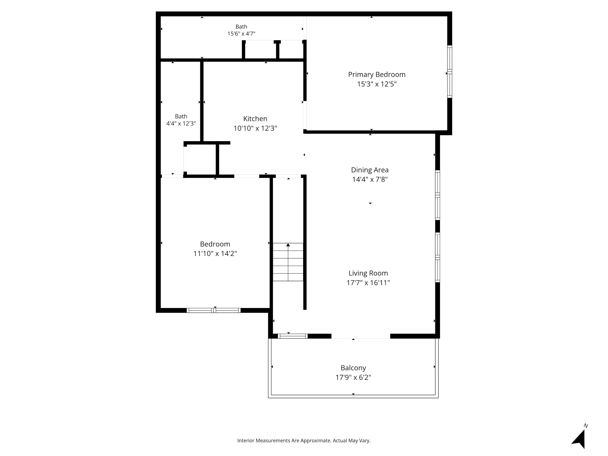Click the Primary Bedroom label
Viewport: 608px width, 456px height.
coord(377,75)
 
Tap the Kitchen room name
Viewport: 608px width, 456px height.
coord(255,119)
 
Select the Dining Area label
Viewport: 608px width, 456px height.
coord(370,170)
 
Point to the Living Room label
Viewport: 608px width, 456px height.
coord(368,273)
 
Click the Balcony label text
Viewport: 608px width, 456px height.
coord(353,368)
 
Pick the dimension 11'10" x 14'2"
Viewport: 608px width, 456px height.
coord(215,253)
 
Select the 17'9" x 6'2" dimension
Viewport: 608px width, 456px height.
coord(353,377)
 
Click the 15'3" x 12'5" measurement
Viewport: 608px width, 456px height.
coord(377,84)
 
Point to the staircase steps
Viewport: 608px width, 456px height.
coord(288,262)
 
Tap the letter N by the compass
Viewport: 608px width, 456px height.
coord(586,426)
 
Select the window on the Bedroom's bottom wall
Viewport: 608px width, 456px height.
coord(214,310)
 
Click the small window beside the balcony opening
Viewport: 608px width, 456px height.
coord(292,336)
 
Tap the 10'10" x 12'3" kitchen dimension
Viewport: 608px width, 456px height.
coord(255,128)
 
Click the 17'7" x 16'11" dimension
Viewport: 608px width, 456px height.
coord(368,283)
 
